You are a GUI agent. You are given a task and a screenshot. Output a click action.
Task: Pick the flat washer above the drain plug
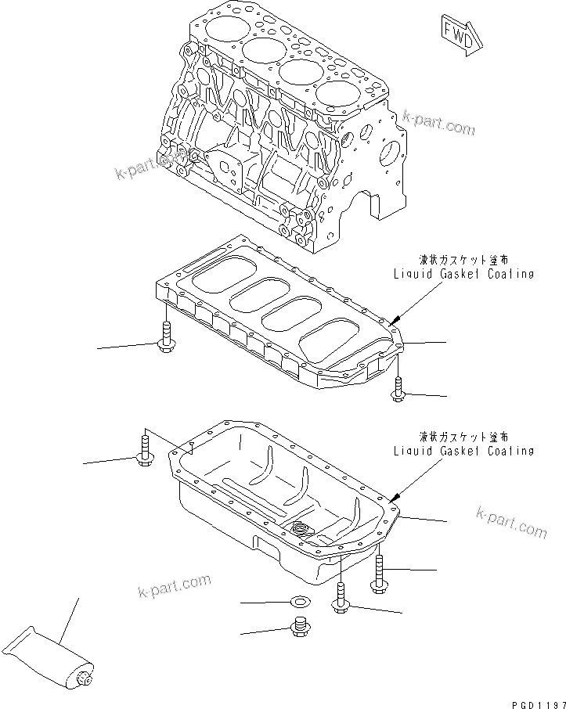tap(298, 602)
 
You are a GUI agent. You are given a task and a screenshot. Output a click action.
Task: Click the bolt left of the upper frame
tap(166, 337)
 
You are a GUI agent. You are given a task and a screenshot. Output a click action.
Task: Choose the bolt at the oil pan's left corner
tap(144, 451)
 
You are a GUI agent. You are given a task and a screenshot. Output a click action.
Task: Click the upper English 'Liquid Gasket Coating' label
tap(463, 274)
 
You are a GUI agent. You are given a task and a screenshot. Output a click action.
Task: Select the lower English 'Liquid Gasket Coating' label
tap(463, 451)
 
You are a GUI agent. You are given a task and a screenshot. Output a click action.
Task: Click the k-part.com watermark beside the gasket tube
tap(174, 585)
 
